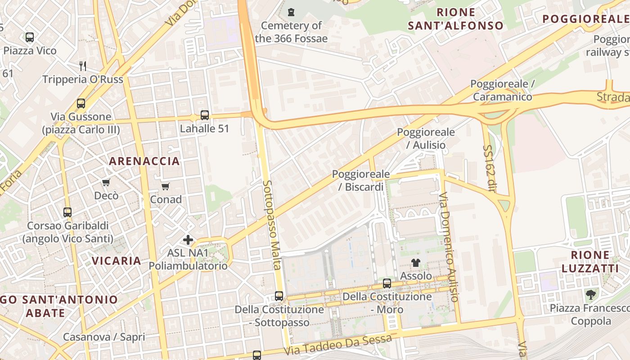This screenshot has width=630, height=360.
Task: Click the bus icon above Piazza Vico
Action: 30,37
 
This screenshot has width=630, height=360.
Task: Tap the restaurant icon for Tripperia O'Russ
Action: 82,66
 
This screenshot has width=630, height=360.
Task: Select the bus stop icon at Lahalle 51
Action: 205,115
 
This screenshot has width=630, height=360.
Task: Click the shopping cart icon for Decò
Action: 106,182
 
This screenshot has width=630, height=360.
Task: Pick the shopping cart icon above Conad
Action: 166,186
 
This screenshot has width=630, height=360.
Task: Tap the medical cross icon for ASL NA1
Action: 188,240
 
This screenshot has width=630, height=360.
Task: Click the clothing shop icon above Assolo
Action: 415,263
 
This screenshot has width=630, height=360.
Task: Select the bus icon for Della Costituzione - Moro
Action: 387,283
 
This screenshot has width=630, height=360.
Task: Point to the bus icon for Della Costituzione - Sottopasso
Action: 279,296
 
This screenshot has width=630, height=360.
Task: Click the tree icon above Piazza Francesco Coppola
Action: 590,295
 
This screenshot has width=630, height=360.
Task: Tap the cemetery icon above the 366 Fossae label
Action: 291,12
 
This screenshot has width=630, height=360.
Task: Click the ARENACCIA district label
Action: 144,161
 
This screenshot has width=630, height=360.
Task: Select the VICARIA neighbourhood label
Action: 117,261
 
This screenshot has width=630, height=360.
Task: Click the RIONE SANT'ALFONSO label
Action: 455,19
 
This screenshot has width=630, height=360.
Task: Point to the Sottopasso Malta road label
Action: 272,225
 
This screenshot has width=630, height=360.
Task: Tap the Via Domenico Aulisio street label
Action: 449,247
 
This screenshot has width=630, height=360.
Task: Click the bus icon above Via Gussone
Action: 81,103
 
